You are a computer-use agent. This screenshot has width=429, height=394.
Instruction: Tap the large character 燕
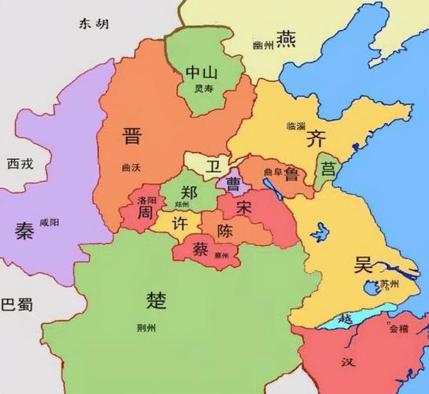point(285,41)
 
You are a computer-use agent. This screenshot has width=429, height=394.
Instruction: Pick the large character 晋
point(131,136)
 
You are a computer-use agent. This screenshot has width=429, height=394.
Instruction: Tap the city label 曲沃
point(133,167)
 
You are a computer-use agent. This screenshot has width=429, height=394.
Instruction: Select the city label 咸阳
point(49,223)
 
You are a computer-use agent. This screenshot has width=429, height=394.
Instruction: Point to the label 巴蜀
point(17,303)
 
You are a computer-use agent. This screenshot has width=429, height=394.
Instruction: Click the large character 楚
point(156,299)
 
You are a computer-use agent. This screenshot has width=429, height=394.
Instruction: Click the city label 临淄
point(298,126)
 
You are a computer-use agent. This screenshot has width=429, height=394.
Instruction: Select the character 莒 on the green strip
point(327,169)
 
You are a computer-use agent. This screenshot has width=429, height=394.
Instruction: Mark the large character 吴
point(362,264)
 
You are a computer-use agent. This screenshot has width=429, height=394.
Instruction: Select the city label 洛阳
point(147,201)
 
